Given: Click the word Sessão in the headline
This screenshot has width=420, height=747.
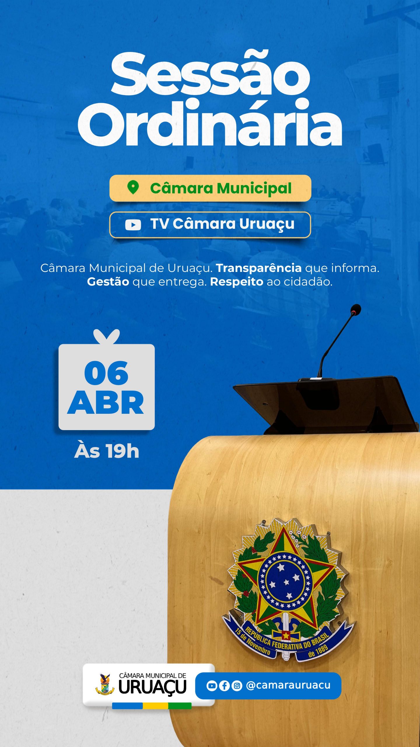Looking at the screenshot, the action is pyautogui.click(x=210, y=73).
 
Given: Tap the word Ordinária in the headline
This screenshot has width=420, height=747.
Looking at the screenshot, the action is pyautogui.click(x=210, y=122).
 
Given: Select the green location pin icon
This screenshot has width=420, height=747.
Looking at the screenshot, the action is pyautogui.click(x=133, y=187).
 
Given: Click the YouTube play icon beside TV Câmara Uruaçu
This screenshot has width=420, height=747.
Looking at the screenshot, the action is pyautogui.click(x=133, y=225).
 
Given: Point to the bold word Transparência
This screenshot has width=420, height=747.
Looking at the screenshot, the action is pyautogui.click(x=259, y=268).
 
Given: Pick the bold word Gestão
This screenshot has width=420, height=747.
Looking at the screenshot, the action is pyautogui.click(x=108, y=282).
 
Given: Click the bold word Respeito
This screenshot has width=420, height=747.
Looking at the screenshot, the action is pyautogui.click(x=237, y=282).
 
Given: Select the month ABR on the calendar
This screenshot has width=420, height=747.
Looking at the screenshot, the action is pyautogui.click(x=106, y=403).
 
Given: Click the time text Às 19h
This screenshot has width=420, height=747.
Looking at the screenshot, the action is pyautogui.click(x=107, y=451).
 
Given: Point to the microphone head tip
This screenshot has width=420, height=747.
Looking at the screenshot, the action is pyautogui.click(x=356, y=309).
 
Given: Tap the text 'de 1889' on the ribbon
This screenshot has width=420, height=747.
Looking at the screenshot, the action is pyautogui.click(x=318, y=651).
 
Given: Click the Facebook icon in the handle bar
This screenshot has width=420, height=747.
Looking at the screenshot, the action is pyautogui.click(x=224, y=685).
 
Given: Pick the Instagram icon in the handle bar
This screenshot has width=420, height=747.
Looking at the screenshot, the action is pyautogui.click(x=237, y=685).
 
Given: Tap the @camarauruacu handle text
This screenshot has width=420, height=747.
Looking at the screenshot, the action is pyautogui.click(x=288, y=685).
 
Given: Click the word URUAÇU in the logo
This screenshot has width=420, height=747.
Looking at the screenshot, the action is pyautogui.click(x=152, y=687).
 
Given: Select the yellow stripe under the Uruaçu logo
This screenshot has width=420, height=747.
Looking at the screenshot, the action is pyautogui.click(x=155, y=706).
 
